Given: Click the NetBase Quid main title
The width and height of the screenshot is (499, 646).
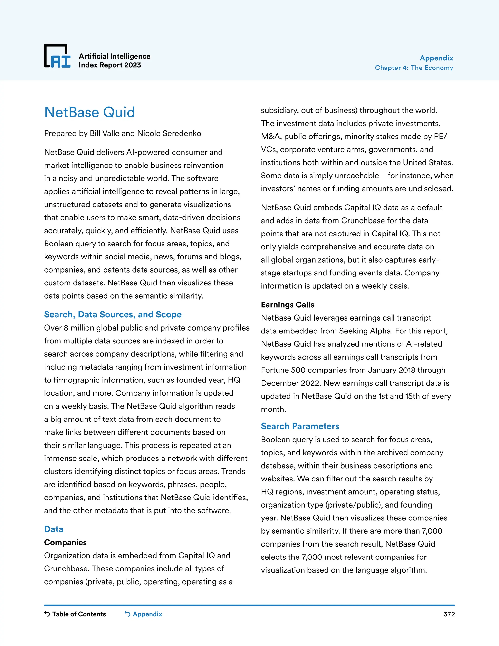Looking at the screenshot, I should point(90,112).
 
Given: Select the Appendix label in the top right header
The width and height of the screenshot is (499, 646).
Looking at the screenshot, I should point(436,58).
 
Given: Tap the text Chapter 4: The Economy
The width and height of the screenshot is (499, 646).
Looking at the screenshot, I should point(414,68).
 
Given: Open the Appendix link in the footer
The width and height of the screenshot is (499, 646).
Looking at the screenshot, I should point(147,614).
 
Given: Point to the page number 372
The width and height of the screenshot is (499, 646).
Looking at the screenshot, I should point(449,614).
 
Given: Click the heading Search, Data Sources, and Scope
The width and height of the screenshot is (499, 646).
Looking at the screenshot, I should point(113,314).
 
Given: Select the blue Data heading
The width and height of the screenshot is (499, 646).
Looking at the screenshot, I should point(54,529).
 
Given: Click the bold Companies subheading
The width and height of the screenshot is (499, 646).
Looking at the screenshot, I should point(65,542).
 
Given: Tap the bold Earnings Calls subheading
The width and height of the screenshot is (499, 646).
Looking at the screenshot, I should point(287,305).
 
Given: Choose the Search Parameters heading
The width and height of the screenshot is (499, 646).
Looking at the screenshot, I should point(300,426).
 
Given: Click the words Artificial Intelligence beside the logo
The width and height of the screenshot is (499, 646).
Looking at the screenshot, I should point(115,56).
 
